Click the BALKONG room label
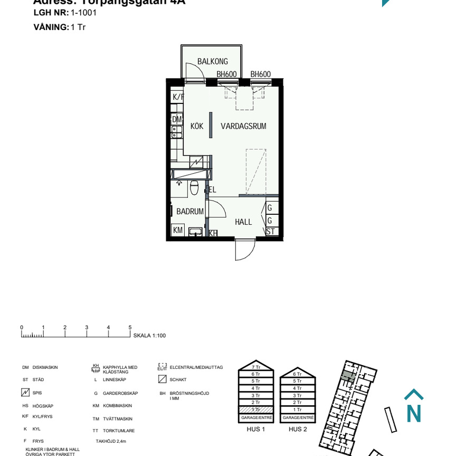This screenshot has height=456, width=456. (x=213, y=62)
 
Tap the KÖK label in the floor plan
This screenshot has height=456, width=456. (x=197, y=127)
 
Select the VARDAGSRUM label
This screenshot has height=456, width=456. (x=243, y=127)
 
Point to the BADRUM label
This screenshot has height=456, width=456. (x=190, y=212)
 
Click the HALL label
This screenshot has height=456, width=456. (x=243, y=222)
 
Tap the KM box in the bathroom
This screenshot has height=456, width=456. (x=178, y=231)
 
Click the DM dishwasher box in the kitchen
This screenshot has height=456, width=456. (x=177, y=120)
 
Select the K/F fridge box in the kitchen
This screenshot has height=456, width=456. (x=177, y=97)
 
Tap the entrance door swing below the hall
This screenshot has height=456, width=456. (x=245, y=250)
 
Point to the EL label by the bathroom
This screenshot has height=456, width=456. (x=212, y=189)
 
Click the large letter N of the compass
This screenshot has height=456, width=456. (x=414, y=414)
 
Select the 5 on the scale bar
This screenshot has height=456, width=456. (x=130, y=328)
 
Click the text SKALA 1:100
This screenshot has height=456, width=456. (x=149, y=336)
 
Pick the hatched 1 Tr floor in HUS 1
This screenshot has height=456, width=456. (x=256, y=410)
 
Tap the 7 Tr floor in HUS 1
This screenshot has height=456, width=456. (x=256, y=367)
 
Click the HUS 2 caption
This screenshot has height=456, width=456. (x=298, y=429)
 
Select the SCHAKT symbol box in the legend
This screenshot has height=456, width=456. (x=162, y=379)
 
